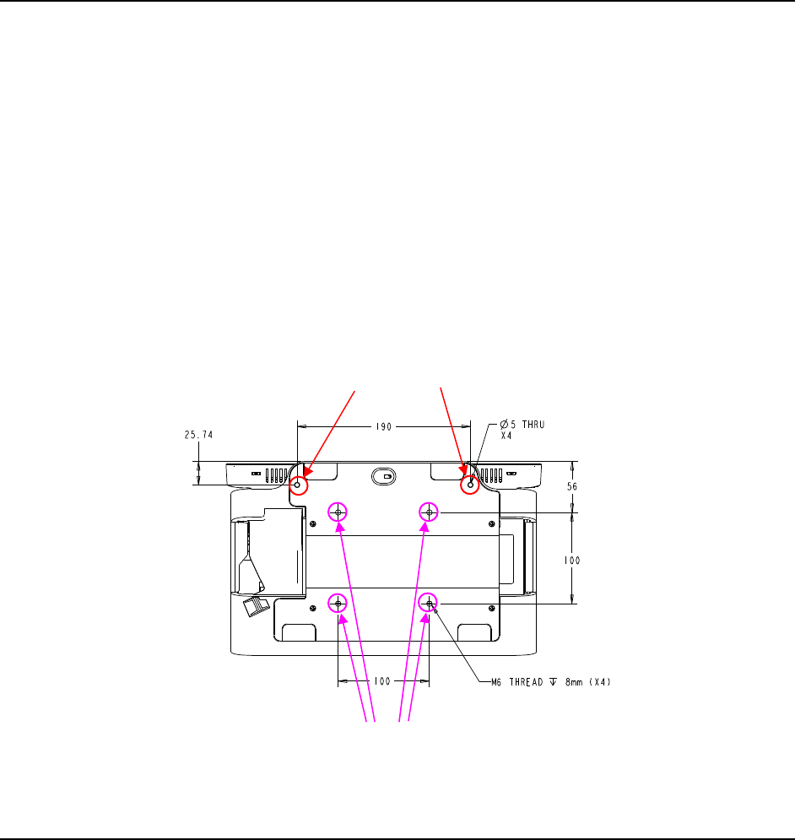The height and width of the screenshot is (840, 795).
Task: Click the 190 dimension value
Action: (383, 427)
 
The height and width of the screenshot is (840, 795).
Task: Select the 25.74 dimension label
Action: (199, 435)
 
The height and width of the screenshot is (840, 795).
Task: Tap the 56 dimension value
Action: (572, 486)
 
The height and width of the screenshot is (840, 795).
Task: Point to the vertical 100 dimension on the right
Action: (572, 561)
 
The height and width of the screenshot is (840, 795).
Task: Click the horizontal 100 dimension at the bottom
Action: (382, 681)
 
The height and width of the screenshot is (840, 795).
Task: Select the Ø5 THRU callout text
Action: (522, 425)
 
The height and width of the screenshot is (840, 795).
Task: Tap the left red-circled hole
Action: (299, 485)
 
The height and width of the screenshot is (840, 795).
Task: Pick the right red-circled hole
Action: (470, 485)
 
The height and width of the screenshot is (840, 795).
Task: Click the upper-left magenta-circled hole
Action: (338, 512)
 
